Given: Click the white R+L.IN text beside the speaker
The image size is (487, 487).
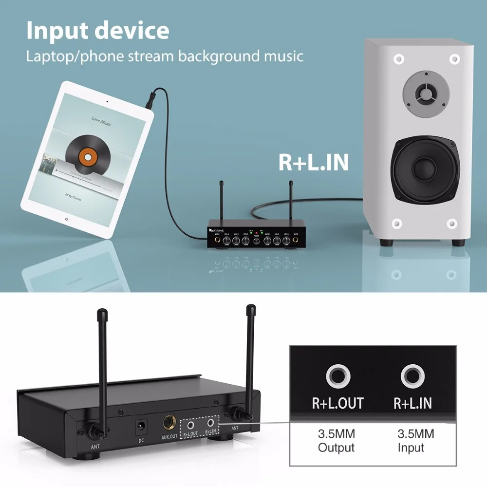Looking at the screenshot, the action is pyautogui.click(x=313, y=162).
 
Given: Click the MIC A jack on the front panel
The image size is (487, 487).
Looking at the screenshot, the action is pyautogui.click(x=217, y=240).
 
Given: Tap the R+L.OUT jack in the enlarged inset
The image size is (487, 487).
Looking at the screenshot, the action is pyautogui.click(x=337, y=376).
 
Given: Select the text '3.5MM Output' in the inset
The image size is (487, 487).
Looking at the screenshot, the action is pyautogui.click(x=337, y=441).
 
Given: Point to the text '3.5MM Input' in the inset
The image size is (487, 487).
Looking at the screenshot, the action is pyautogui.click(x=415, y=441).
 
